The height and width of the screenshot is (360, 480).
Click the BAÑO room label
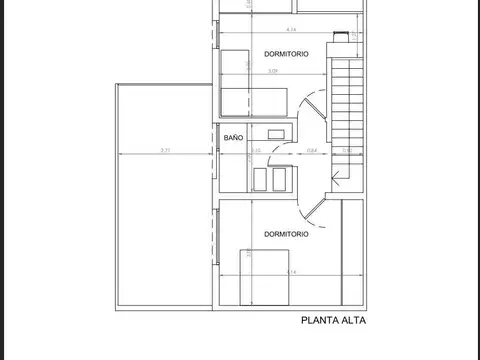pyautogui.click(x=233, y=137)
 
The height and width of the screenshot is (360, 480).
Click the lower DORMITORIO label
pyautogui.click(x=286, y=234)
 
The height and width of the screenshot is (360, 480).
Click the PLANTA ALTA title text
pyautogui.click(x=334, y=321)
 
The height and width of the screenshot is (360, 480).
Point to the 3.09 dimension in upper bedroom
pyautogui.click(x=272, y=71)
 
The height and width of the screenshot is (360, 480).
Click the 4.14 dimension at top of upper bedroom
pyautogui.click(x=290, y=28)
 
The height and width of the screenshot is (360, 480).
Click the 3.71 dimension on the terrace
pyautogui.click(x=164, y=151)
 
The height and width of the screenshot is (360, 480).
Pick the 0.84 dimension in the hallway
pyautogui.click(x=312, y=151)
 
